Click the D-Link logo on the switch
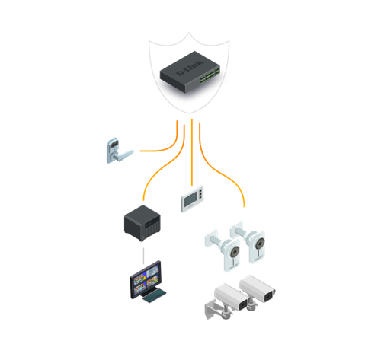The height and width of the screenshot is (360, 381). (x=190, y=68)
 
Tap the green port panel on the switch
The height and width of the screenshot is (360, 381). (x=210, y=75)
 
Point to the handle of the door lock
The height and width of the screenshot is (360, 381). (x=124, y=155)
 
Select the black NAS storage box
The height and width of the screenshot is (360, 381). (x=142, y=223)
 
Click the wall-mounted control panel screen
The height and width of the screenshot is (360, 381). (x=190, y=199)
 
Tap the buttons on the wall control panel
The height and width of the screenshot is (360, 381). (x=201, y=193)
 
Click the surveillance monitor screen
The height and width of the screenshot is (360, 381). (x=146, y=279)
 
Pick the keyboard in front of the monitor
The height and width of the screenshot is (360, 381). (x=154, y=295)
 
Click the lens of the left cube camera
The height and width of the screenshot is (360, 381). (x=235, y=252)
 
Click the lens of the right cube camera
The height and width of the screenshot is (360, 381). (x=260, y=244)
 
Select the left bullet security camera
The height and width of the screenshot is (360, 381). (x=231, y=297)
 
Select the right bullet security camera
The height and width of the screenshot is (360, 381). (x=258, y=288)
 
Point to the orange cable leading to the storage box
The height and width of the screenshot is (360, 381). (x=162, y=167)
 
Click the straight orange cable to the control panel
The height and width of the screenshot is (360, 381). (x=192, y=152)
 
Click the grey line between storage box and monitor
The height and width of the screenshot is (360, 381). (x=143, y=256)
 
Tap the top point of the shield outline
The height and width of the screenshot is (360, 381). (x=189, y=32)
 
